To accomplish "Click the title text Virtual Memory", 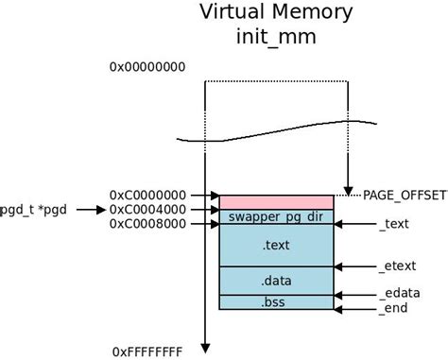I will [275, 13].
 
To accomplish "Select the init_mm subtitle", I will [275, 39].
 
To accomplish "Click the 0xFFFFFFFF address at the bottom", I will [147, 351].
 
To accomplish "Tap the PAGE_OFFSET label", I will [405, 195].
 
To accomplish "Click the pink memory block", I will [276, 202].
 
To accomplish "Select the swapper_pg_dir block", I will [276, 217].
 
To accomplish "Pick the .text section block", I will [276, 246].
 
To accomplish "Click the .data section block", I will [276, 281].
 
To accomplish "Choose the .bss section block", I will [276, 302].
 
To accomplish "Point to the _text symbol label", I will [394, 225].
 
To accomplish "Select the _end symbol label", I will [392, 309].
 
